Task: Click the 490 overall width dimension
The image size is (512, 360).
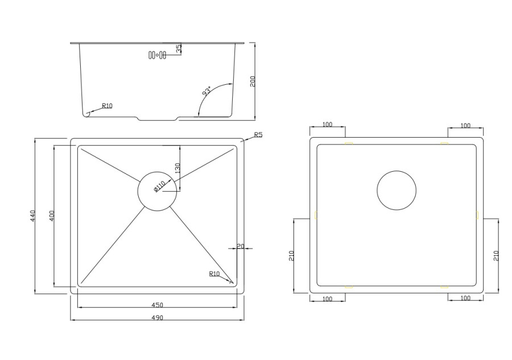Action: point(157,317)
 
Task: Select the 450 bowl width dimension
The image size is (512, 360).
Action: point(157,305)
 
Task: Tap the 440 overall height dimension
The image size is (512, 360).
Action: point(32,216)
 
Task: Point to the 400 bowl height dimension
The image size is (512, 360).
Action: point(52,216)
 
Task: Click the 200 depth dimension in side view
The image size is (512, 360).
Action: point(253,81)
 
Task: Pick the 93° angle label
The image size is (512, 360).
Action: point(207,90)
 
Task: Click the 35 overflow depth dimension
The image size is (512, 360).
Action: point(179,48)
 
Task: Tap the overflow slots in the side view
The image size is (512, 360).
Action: point(157,55)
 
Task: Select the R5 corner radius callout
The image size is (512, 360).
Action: point(258,134)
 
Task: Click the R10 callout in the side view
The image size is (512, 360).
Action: point(107,106)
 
